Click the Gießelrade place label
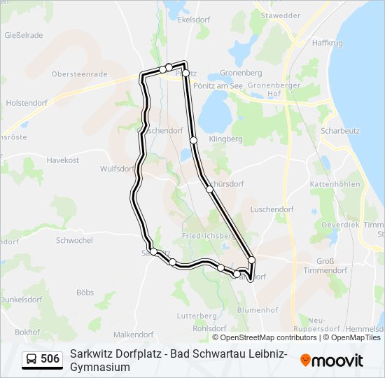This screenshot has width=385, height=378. click(x=24, y=35)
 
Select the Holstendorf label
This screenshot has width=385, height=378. click(x=26, y=102)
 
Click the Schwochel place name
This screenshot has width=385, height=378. click(x=74, y=240)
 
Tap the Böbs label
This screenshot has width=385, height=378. click(x=85, y=293)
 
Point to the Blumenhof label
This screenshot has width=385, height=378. click(x=258, y=310)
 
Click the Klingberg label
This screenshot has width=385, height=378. click(x=225, y=139)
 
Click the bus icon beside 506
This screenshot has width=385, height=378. click(x=31, y=360)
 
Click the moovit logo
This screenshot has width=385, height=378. click(x=332, y=360)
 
